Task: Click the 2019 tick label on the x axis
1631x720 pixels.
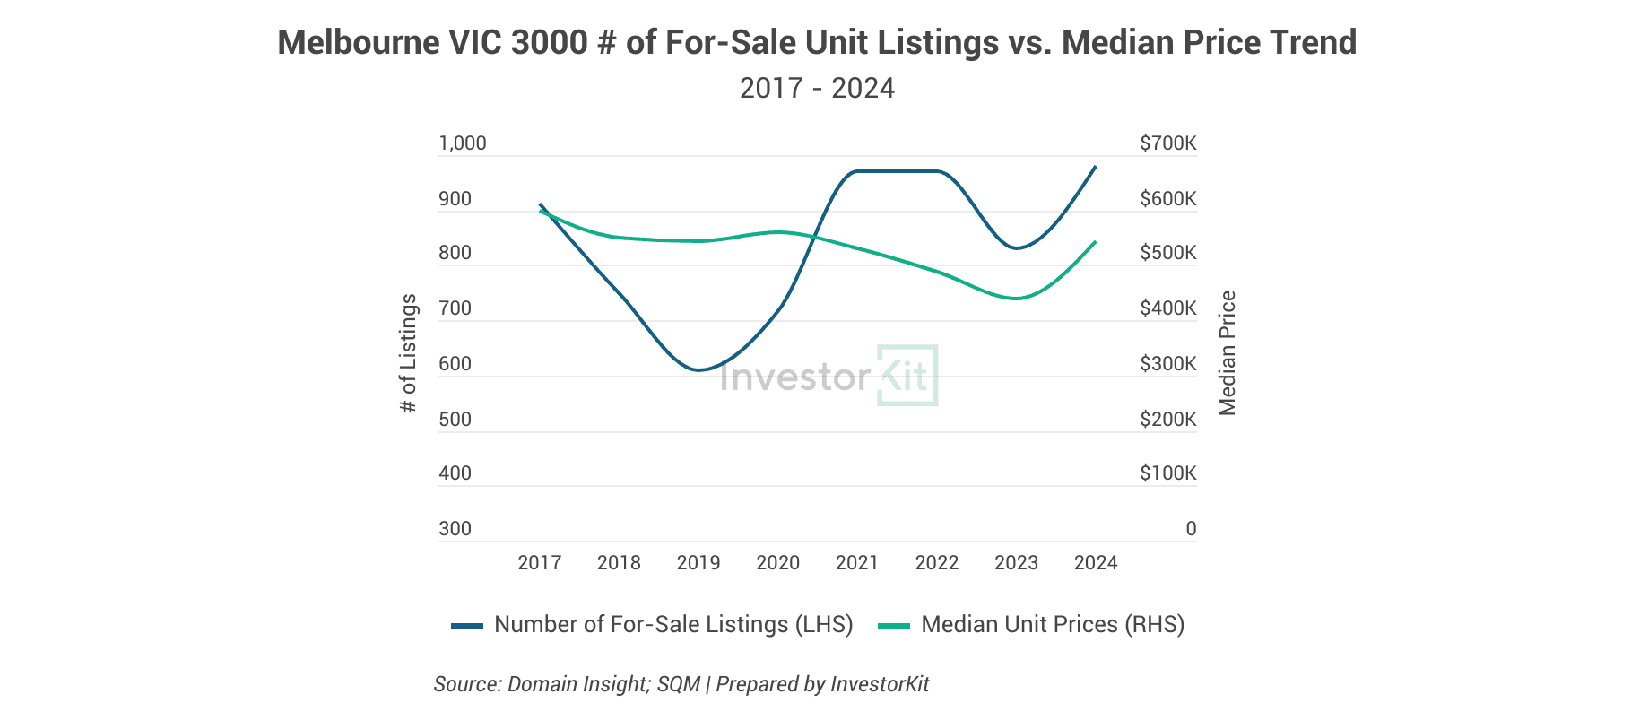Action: [x=698, y=563]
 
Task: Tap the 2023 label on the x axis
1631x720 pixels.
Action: [x=1016, y=563]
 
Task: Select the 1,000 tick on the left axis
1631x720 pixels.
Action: [x=462, y=143]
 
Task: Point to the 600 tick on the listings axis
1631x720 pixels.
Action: [x=455, y=364]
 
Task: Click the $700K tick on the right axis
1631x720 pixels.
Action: [x=1167, y=143]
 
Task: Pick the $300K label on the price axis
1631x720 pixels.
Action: [x=1167, y=364]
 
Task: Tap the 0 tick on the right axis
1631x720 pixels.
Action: [x=1191, y=529]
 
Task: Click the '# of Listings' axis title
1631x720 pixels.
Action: [x=409, y=353]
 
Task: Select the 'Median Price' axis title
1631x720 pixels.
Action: [x=1228, y=353]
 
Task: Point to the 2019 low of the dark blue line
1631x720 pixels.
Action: [x=698, y=369]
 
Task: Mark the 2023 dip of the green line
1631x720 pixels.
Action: [x=1016, y=298]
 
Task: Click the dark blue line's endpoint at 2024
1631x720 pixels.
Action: [x=1095, y=168]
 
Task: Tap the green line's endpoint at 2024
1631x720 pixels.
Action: [x=1095, y=242]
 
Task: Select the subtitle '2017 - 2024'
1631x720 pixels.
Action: [x=817, y=88]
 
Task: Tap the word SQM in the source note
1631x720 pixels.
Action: [x=678, y=684]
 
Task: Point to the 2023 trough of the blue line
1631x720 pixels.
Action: [x=1016, y=247]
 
